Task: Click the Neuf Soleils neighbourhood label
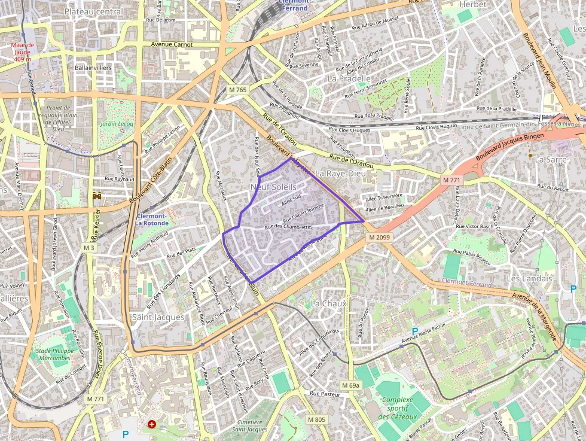[273, 187]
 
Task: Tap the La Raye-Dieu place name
[339, 173]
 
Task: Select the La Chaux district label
[329, 303]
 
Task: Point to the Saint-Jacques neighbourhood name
[158, 317]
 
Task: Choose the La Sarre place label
[550, 159]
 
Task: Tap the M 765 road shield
[237, 90]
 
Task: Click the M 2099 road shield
[379, 238]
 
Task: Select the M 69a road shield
[351, 385]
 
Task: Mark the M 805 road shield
[316, 419]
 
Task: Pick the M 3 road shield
[89, 248]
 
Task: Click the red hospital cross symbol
[152, 424]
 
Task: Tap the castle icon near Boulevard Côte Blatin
[97, 196]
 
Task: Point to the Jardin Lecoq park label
[117, 124]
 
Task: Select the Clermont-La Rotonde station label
[151, 219]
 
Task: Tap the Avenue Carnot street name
[172, 44]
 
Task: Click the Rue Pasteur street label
[325, 394]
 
